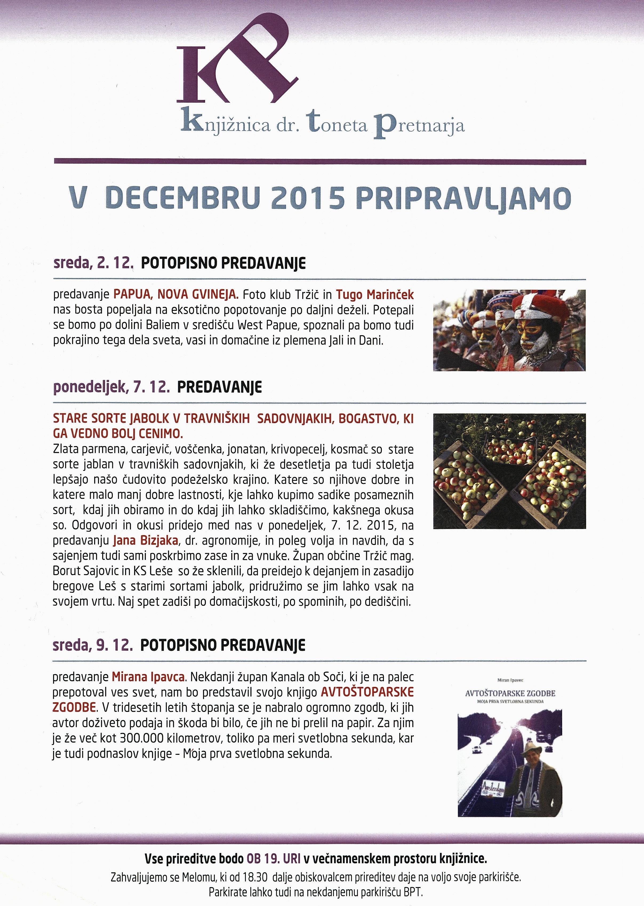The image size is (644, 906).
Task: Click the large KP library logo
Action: click(237, 63)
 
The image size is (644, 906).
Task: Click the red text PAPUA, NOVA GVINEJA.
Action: click(176, 295)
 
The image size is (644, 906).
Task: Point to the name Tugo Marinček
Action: click(375, 295)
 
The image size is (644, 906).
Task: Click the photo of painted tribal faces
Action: click(509, 330)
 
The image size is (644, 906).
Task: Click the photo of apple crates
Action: click(509, 471)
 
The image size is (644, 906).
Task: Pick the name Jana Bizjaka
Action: click(145, 541)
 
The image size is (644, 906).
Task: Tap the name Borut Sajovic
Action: click(86, 571)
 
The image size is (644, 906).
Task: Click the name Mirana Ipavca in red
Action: click(148, 677)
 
